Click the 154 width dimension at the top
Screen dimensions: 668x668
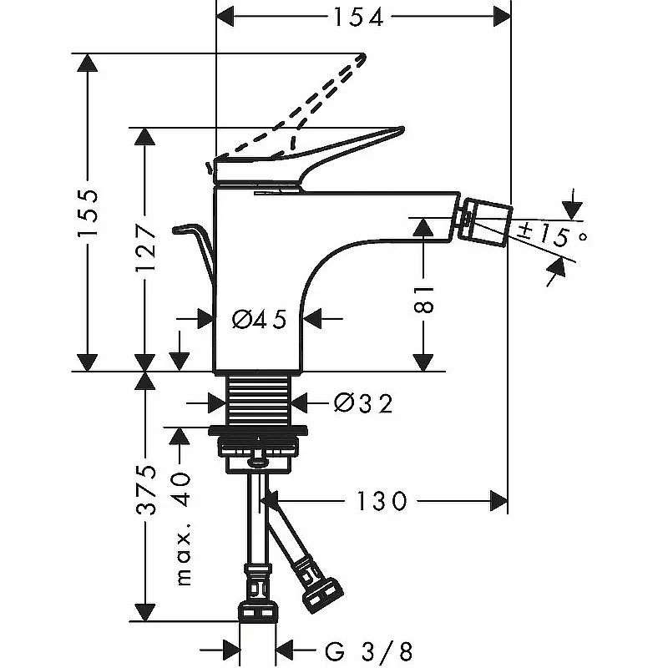coord(361,16)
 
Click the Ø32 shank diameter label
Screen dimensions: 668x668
coord(362,403)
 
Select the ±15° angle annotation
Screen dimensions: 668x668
coord(551,234)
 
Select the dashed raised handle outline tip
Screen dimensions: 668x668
coord(361,58)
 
